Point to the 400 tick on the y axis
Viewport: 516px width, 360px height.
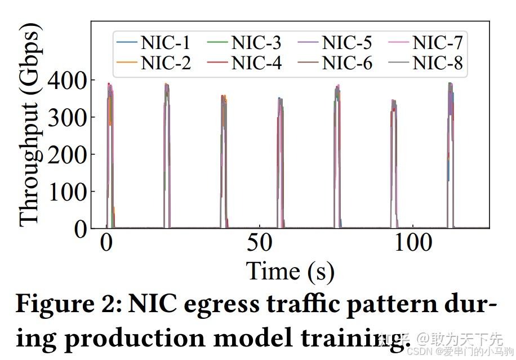67,80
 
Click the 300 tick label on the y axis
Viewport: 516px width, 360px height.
67,117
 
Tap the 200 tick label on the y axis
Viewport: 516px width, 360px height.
67,154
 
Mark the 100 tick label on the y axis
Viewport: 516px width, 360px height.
67,192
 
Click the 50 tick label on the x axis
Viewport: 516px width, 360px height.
259,243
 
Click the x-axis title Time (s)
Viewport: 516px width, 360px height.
290,271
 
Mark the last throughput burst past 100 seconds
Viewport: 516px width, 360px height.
450,152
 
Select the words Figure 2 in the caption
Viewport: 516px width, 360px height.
68,305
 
